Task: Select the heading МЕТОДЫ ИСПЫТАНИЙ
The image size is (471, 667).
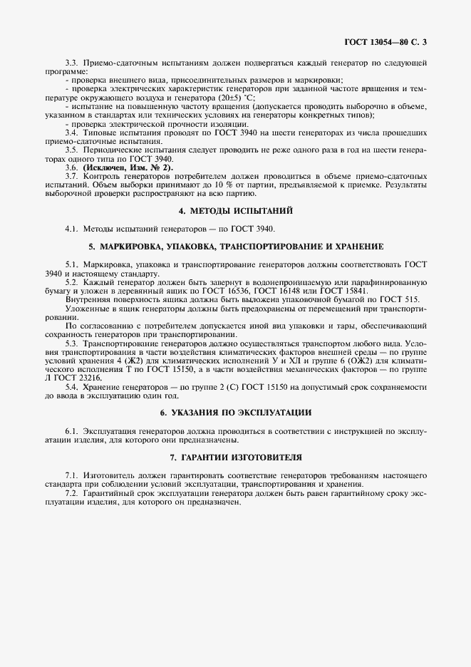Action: pyautogui.click(x=235, y=211)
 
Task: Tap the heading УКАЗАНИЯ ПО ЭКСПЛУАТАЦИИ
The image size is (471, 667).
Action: pyautogui.click(x=235, y=413)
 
